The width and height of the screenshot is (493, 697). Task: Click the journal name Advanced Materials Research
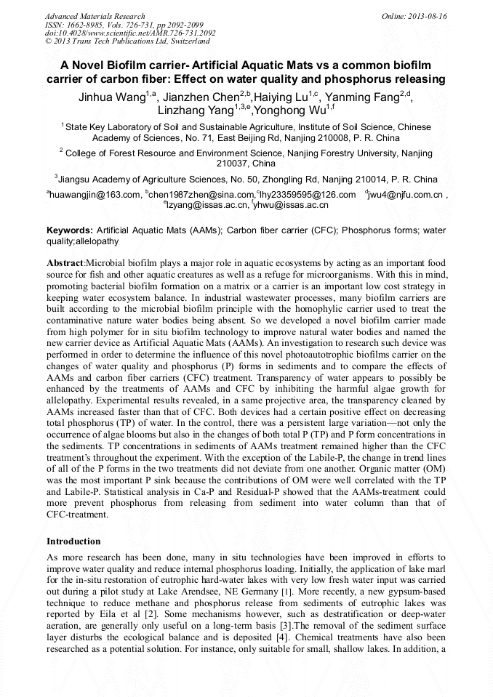click(x=95, y=16)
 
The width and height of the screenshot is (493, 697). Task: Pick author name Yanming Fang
click(x=362, y=98)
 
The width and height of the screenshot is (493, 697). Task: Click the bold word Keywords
click(x=69, y=230)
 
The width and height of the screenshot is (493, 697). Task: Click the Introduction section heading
click(x=73, y=541)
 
